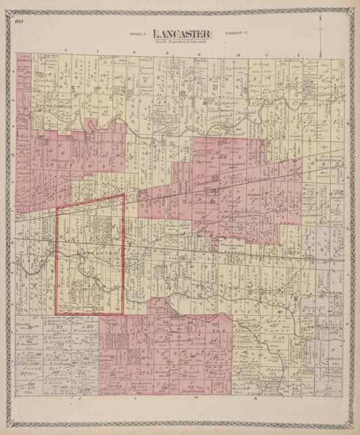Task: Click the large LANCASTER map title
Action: pos(181,33)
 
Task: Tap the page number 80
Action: pos(18,22)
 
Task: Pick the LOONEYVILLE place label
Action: pos(325,161)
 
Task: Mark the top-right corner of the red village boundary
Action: pos(124,195)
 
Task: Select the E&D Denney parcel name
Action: pos(278,340)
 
